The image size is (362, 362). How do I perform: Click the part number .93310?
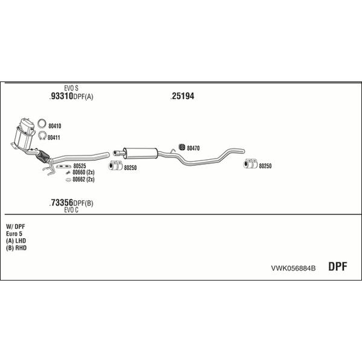coord(62,96)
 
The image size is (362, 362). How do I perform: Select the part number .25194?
coord(182,96)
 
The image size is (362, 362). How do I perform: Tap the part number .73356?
coord(62,203)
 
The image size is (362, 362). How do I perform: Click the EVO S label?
coord(71,88)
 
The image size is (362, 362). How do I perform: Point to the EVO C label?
coord(71,210)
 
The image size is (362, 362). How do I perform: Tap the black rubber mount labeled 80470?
coord(182,147)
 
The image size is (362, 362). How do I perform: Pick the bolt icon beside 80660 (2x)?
coord(68,173)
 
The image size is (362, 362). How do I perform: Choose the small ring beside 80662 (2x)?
coord(68,180)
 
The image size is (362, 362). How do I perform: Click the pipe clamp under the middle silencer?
coord(115,165)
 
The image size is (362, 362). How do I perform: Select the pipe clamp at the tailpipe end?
coord(250,164)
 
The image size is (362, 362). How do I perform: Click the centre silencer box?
coord(141,153)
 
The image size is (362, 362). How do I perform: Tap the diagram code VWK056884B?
coord(293,268)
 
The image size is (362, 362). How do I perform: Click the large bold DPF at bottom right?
coord(338,267)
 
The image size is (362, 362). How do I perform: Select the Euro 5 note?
coord(14,233)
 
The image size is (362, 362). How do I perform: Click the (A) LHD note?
coord(16,241)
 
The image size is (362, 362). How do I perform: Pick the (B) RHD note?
coord(16,248)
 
